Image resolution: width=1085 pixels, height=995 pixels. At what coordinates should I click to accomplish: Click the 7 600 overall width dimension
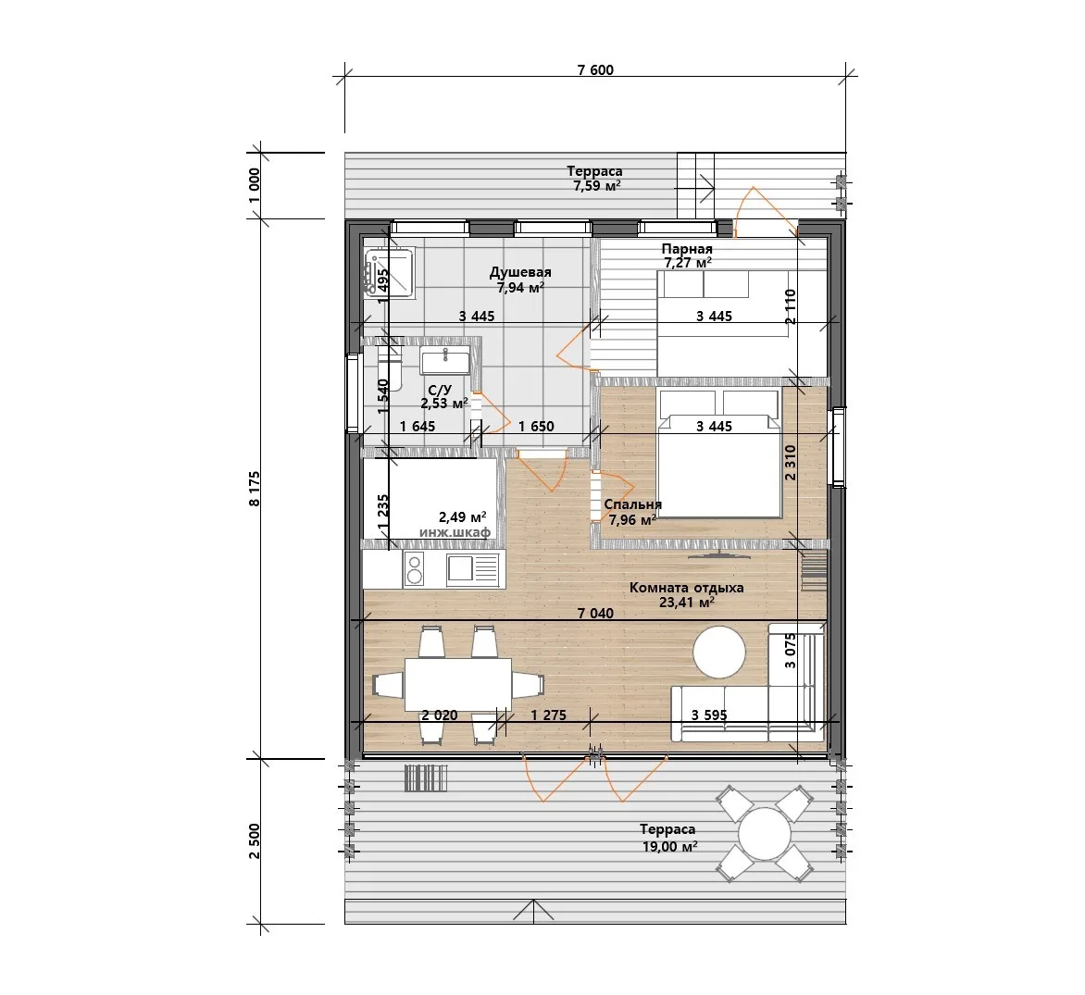point(595,70)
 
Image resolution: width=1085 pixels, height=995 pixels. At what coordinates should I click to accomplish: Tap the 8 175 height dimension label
point(255,489)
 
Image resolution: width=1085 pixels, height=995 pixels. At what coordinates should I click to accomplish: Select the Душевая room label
point(520,272)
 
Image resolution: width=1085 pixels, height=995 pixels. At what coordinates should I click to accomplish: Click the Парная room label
point(686,248)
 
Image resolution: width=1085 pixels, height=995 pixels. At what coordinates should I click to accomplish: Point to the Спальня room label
point(632,504)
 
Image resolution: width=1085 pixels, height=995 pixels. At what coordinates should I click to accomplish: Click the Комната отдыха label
point(686,588)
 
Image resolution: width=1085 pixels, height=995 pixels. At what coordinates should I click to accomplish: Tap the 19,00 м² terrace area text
point(669,846)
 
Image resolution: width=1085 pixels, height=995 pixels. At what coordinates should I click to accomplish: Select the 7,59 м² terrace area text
point(596,185)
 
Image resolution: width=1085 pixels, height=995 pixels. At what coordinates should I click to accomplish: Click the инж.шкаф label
point(455,532)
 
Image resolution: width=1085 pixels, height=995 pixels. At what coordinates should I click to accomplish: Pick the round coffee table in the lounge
point(719,653)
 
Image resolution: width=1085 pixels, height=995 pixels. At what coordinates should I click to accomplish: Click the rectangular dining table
point(458,684)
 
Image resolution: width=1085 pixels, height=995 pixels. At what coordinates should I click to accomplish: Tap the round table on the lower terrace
point(764,833)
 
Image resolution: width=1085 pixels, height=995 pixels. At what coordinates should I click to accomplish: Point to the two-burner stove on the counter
point(414,568)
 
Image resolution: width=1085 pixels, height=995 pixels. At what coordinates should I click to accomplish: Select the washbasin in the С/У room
point(445,360)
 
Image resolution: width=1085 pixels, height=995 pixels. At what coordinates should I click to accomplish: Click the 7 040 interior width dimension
point(595,613)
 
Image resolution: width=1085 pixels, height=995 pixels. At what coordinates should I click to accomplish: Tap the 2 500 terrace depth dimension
point(255,840)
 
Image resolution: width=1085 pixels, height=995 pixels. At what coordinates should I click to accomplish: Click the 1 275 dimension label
point(549,715)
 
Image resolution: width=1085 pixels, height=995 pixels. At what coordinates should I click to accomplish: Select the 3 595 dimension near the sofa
point(709,715)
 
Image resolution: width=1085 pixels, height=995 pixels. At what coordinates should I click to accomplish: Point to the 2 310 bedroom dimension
point(791,463)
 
